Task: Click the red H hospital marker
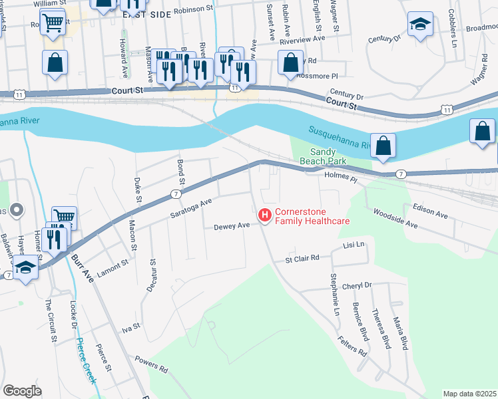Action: pos(264,215)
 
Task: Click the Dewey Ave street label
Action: pos(231,227)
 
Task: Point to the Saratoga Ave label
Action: pos(190,207)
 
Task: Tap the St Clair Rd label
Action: pos(302,258)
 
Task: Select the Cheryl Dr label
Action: pos(356,285)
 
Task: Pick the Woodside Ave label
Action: pos(395,220)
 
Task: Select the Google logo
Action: pos(23,391)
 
